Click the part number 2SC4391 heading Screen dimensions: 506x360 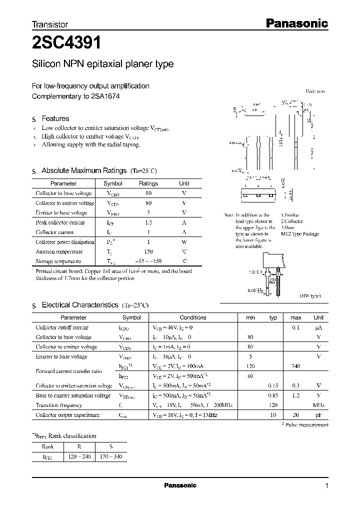[x=66, y=43]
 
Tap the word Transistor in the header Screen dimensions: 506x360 [x=50, y=24]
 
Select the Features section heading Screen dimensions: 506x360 [x=55, y=118]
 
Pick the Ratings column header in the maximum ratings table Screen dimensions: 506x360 [x=148, y=183]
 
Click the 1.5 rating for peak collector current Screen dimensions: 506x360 [x=148, y=222]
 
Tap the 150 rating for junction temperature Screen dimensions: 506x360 [x=148, y=251]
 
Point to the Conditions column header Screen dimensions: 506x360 [x=192, y=317]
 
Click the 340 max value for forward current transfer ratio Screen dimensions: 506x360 [x=295, y=366]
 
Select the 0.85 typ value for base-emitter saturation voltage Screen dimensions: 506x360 [x=273, y=395]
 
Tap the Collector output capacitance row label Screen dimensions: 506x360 [x=67, y=415]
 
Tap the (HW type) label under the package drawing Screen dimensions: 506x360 [x=309, y=296]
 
